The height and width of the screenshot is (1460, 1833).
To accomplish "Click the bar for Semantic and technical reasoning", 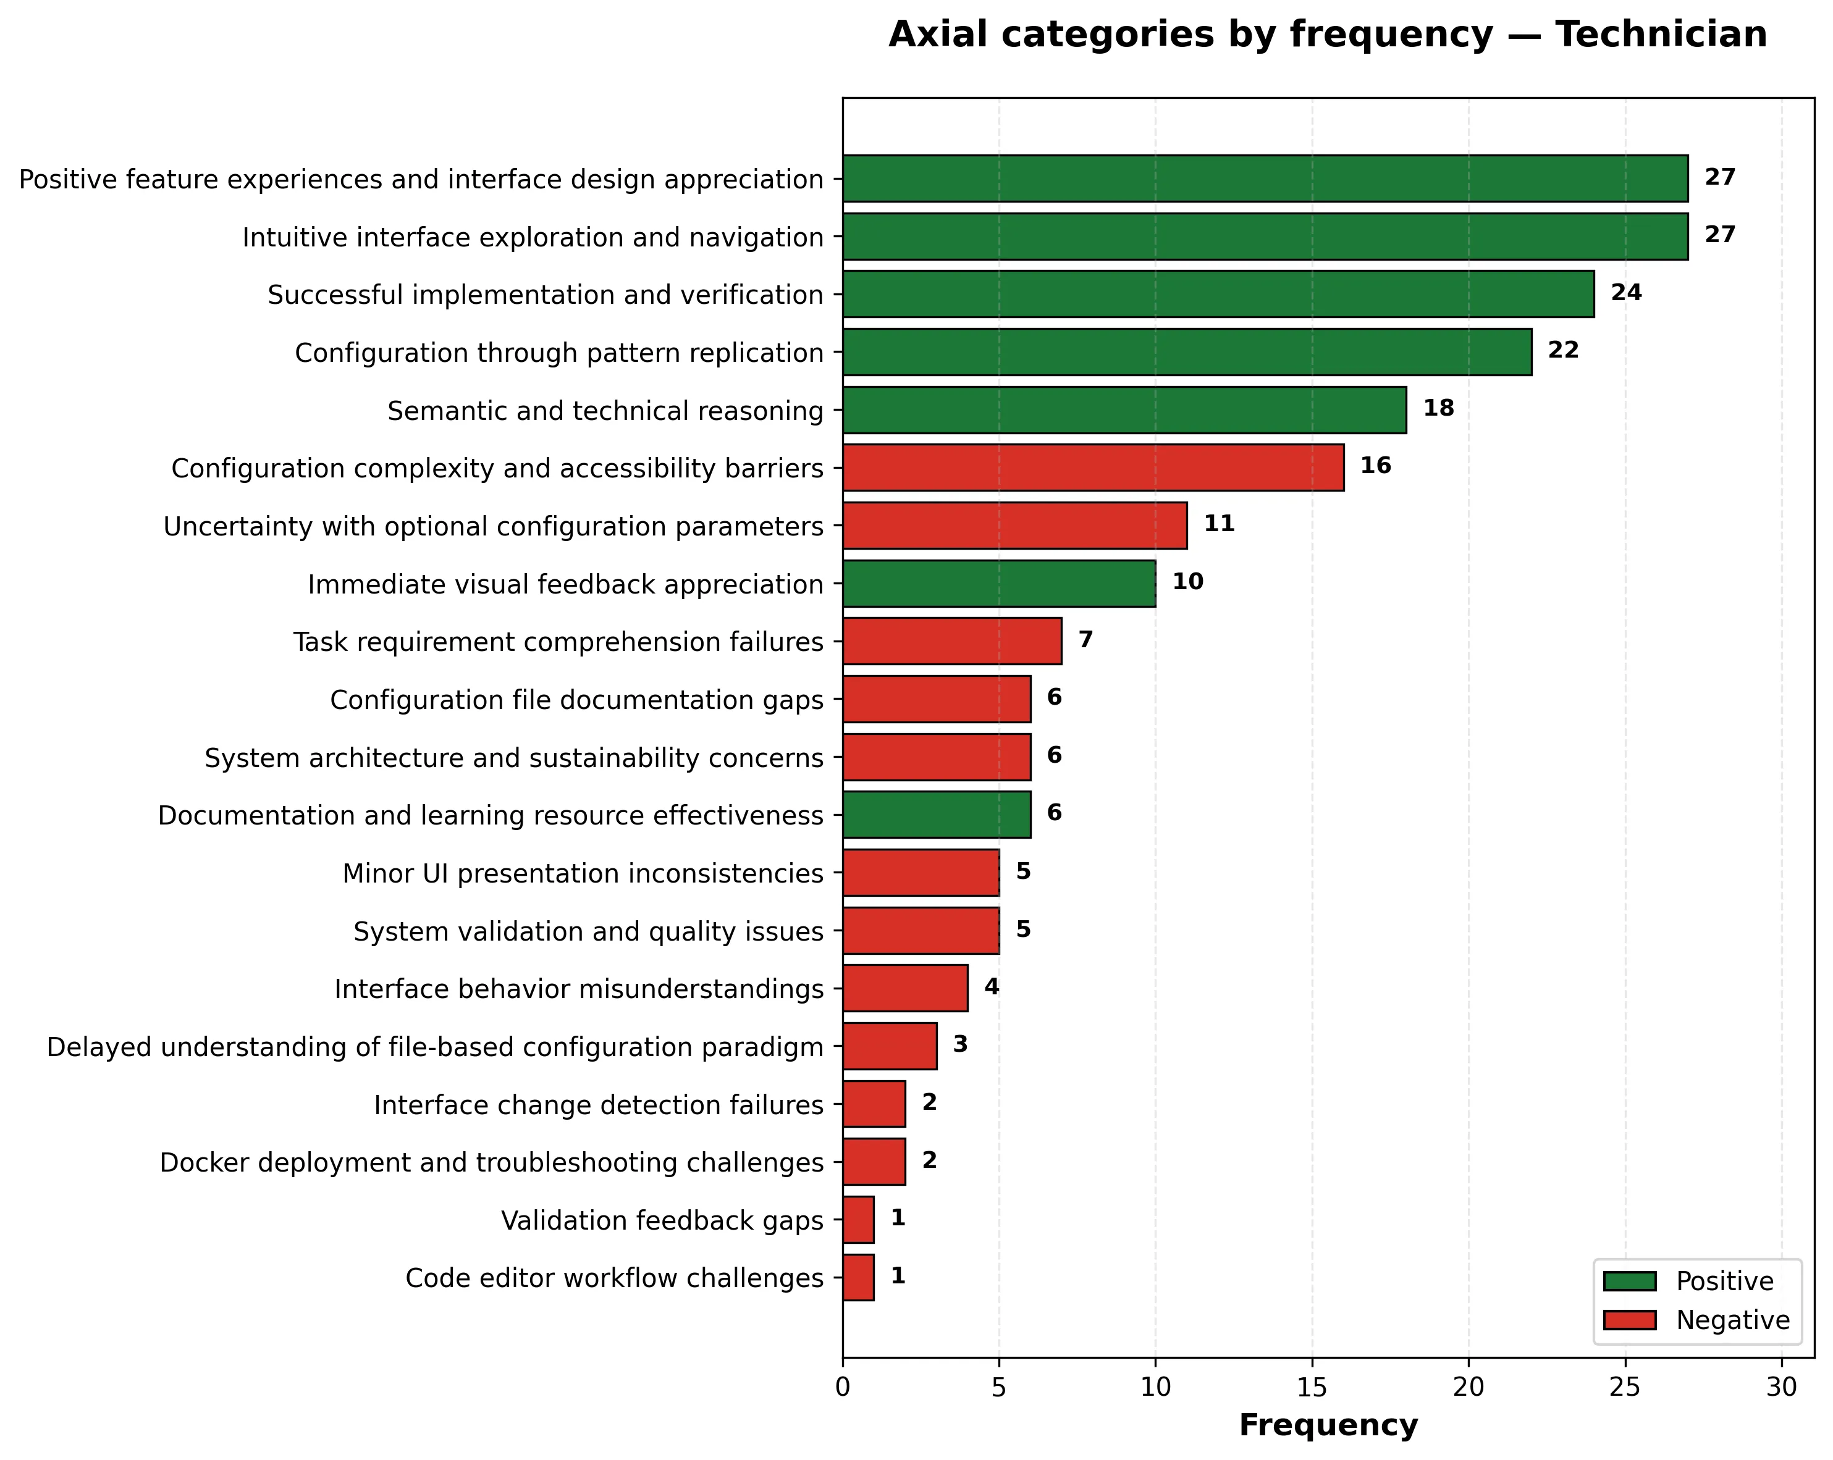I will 1124,411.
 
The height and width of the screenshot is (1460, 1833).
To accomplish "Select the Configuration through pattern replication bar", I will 1187,352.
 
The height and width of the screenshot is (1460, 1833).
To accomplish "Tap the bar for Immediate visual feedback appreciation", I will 999,584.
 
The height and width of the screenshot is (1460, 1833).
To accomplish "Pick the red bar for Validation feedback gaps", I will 859,1220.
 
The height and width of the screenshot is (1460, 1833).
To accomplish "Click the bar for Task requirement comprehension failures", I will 952,642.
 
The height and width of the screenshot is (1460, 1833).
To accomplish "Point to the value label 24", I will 1627,293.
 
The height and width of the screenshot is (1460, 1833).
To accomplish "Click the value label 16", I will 1376,466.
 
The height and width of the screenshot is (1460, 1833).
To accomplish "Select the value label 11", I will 1219,524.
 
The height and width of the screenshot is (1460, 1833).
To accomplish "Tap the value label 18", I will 1438,409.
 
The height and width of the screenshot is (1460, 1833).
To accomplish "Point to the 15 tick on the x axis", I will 1312,1388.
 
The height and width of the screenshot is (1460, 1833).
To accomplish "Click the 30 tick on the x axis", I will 1782,1388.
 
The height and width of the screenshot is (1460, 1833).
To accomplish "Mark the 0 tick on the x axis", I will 843,1388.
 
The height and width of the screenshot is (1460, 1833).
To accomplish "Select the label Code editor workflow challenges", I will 614,1278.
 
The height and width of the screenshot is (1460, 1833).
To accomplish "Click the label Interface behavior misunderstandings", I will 579,989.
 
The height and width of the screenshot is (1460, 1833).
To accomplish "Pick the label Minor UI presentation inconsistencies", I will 583,874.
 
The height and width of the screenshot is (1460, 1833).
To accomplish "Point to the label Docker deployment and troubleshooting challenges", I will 491,1162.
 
